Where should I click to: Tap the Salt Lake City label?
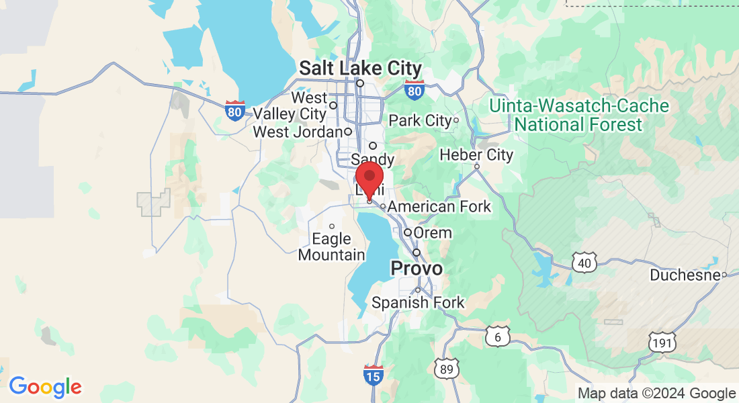click(x=360, y=69)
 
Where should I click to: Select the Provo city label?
click(x=417, y=269)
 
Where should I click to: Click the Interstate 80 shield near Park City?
click(x=415, y=89)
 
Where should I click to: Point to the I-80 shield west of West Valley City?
click(x=234, y=111)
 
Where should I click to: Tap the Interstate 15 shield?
click(x=373, y=375)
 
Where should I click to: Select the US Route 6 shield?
click(x=497, y=337)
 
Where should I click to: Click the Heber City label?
click(x=476, y=155)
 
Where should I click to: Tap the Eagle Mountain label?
click(x=331, y=247)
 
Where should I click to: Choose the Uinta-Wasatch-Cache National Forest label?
click(x=578, y=116)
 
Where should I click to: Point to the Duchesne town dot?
click(x=725, y=275)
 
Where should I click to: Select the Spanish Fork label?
click(x=418, y=303)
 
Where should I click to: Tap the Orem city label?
click(x=433, y=233)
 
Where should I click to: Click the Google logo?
click(x=45, y=387)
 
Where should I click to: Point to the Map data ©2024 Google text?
click(x=656, y=394)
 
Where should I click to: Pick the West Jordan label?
click(x=298, y=132)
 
